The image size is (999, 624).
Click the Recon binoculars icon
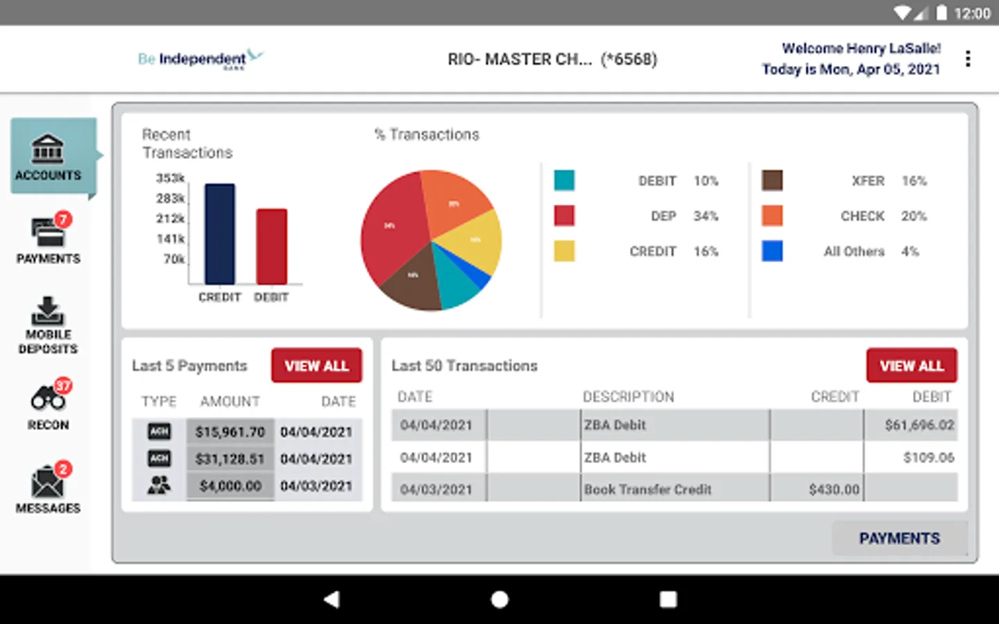pos(47,399)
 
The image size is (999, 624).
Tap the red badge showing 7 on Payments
pos(63,220)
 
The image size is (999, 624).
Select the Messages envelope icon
pos(47,482)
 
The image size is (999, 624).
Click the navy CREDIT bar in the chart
pos(219,234)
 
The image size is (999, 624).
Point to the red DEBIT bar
pos(271,246)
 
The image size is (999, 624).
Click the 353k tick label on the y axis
pos(170,178)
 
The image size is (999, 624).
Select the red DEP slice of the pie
pos(392,229)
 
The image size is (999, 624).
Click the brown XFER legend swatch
pos(772,180)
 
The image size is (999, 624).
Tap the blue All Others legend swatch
pos(772,251)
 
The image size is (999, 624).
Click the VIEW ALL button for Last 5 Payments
pos(316,365)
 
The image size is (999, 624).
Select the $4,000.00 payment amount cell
pos(230,486)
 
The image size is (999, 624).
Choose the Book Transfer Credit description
pos(648,489)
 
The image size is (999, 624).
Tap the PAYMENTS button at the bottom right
pos(899,538)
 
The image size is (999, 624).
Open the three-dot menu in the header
pos(968,59)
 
